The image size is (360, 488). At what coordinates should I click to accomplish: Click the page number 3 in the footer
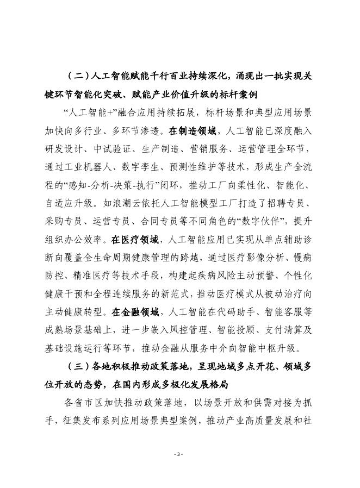pos(179,454)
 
